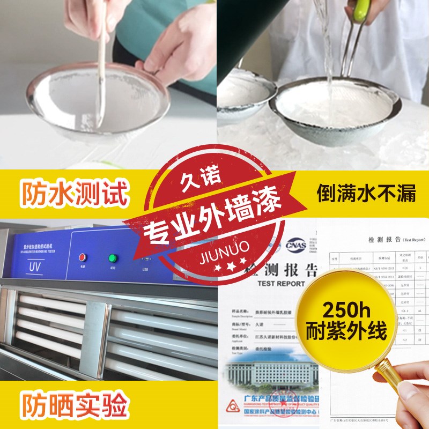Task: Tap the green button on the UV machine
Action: [x=113, y=257]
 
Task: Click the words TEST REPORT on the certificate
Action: [x=281, y=283]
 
